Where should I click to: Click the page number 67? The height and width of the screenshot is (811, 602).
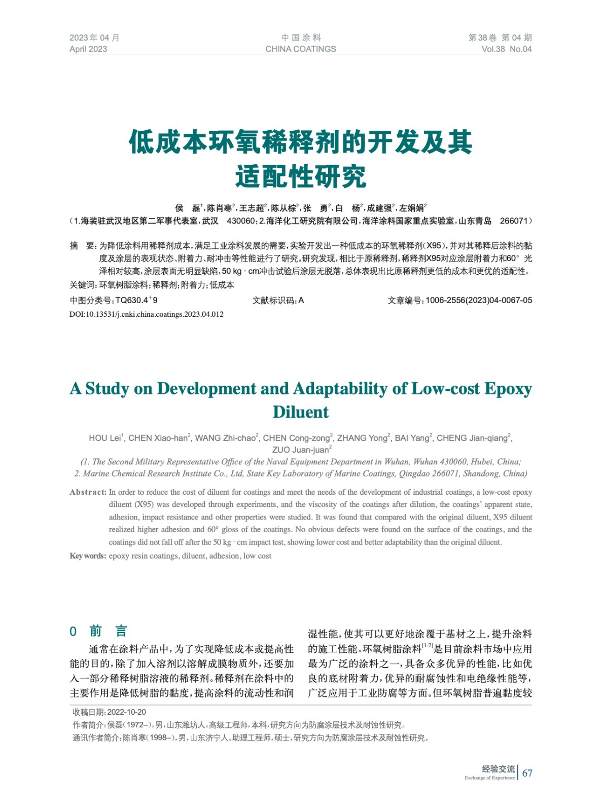(x=527, y=773)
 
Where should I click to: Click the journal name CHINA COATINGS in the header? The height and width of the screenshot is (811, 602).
(x=300, y=49)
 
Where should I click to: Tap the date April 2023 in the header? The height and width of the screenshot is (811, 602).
(x=88, y=49)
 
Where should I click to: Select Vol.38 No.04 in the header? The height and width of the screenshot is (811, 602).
(x=506, y=49)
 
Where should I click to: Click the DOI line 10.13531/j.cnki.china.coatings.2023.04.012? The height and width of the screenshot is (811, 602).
(x=147, y=314)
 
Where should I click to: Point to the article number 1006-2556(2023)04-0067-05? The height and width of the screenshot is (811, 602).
(x=479, y=301)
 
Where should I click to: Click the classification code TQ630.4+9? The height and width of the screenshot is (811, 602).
(x=136, y=301)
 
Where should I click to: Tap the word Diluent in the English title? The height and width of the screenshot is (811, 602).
(x=300, y=412)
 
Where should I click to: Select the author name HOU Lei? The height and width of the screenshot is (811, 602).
(x=105, y=438)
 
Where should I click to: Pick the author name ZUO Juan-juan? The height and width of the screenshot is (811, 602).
(x=301, y=450)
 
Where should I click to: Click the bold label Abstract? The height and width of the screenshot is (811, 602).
(x=88, y=492)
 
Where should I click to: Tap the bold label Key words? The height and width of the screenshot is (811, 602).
(x=88, y=556)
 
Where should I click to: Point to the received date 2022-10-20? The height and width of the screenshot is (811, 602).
(x=127, y=712)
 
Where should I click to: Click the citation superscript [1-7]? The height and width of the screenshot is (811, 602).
(x=428, y=645)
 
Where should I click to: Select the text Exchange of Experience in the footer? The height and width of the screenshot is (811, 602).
(x=489, y=778)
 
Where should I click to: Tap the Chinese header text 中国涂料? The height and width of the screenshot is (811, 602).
(x=301, y=38)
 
